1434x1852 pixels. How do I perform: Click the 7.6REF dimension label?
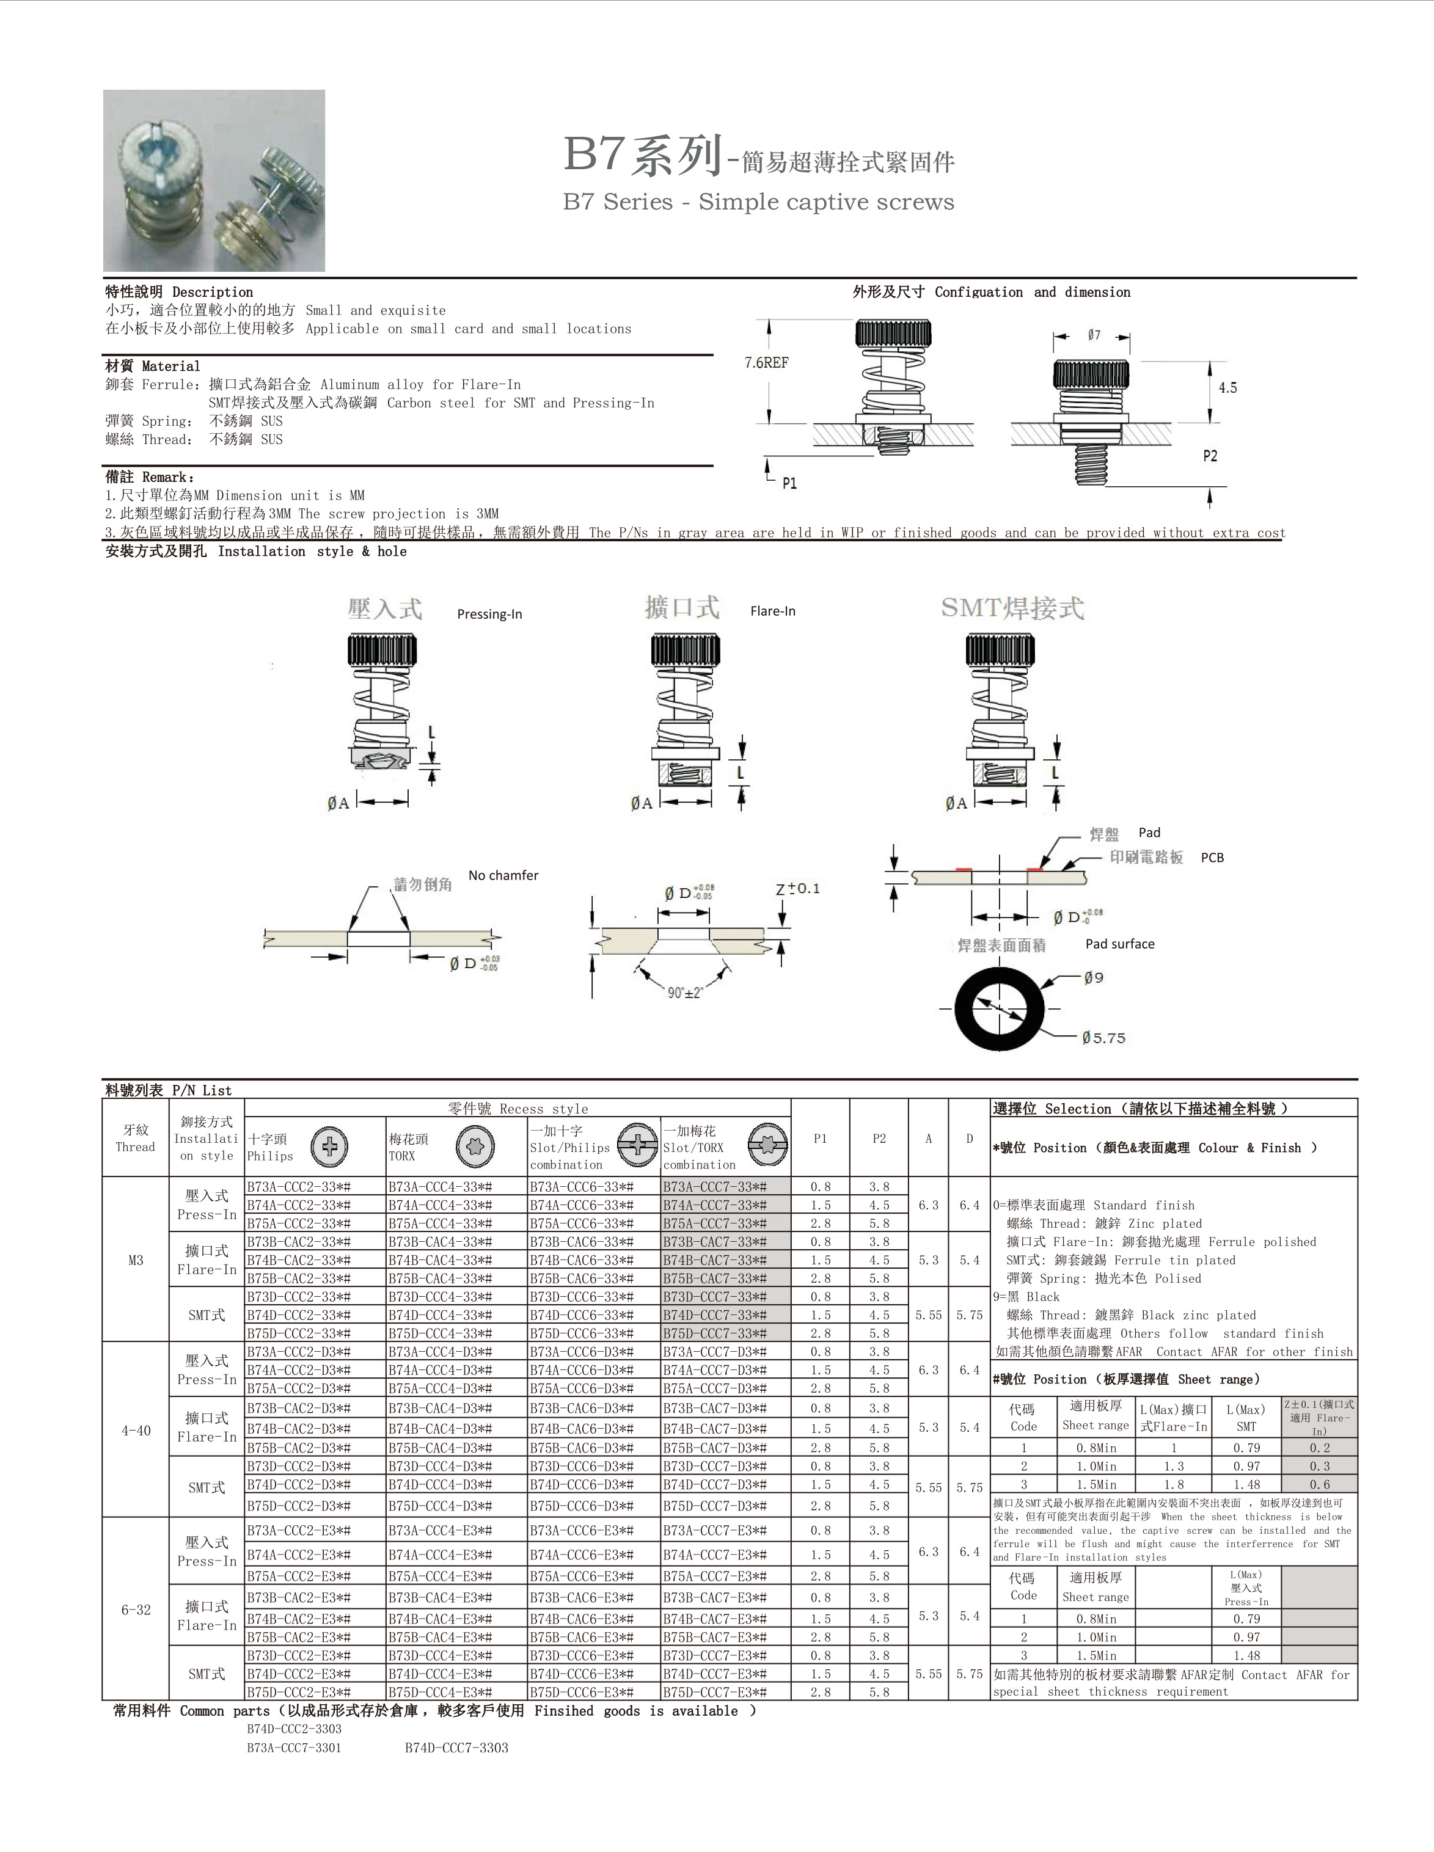(x=766, y=363)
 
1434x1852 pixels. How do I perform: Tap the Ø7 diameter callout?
(x=1094, y=336)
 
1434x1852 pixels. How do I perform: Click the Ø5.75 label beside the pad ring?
(x=1103, y=1038)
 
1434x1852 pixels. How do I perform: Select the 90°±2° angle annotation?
(x=685, y=992)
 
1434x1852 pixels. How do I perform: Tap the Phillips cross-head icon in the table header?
(x=329, y=1147)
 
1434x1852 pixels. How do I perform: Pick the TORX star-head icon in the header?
(x=475, y=1147)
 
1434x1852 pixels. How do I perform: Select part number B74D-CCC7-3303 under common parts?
(x=456, y=1748)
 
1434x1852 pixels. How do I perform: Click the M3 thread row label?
(x=136, y=1260)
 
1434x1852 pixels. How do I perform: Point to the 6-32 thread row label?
(x=136, y=1610)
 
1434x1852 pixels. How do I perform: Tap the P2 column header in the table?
(x=879, y=1139)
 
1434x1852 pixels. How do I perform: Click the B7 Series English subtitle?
(x=758, y=202)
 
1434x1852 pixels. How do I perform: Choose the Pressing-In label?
(x=489, y=614)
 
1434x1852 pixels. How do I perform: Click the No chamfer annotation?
(x=503, y=875)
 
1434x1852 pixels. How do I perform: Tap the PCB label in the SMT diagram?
(x=1212, y=858)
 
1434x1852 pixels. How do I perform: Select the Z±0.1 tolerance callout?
(x=797, y=889)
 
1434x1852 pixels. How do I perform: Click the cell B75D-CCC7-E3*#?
(x=715, y=1692)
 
